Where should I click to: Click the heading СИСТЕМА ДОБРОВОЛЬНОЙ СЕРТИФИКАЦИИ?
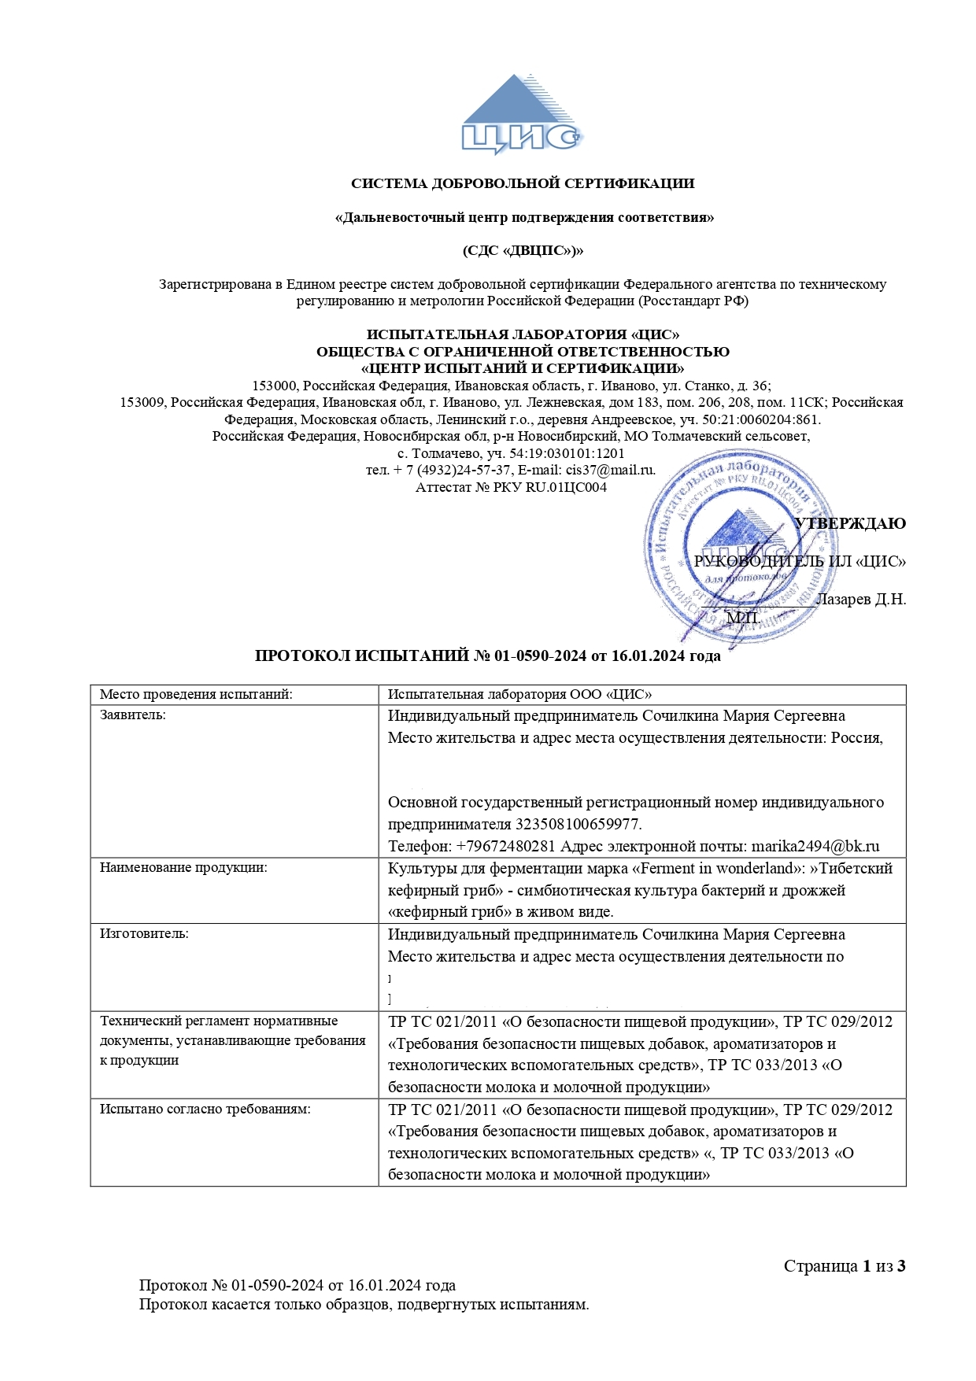[523, 184]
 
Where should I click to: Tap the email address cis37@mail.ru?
[610, 470]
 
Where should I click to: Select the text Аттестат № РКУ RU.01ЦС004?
[511, 487]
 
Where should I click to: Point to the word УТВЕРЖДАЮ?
[850, 524]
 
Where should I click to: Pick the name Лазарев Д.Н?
[860, 600]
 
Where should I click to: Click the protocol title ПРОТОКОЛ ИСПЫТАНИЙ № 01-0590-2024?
[487, 656]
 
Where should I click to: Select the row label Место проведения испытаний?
[196, 694]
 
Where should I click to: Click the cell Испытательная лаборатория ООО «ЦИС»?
[519, 694]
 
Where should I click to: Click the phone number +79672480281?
[506, 847]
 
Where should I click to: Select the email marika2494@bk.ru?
[815, 847]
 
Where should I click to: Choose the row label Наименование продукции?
[183, 868]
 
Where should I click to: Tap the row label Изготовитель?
[144, 934]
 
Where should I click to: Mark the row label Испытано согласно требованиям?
[205, 1110]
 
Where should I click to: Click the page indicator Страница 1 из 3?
[845, 1266]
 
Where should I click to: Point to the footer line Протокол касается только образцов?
[364, 1304]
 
